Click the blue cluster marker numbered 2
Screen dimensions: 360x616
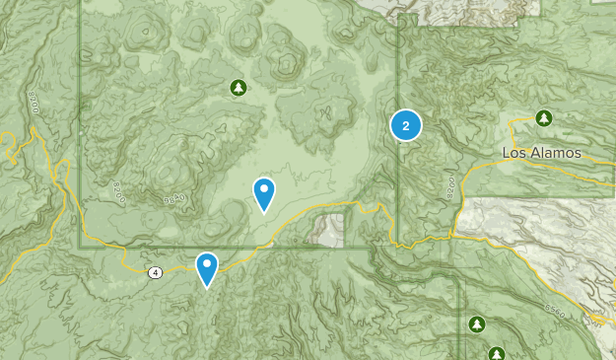coord(406,125)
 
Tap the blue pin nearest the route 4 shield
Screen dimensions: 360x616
coord(206,267)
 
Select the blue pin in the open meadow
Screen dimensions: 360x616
coord(264,192)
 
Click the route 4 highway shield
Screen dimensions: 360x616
coord(156,272)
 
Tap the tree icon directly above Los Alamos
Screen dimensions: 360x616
coord(543,118)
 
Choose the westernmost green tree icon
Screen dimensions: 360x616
coord(238,89)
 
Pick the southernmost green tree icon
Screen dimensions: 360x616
coord(496,353)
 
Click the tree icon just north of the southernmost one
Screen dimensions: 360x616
coord(477,324)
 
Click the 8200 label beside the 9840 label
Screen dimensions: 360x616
coord(121,186)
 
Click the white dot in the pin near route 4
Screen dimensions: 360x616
coord(206,262)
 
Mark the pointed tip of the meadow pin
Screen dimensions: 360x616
coord(264,212)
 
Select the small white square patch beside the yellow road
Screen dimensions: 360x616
coord(328,229)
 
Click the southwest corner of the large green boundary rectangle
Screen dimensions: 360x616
coord(80,248)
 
